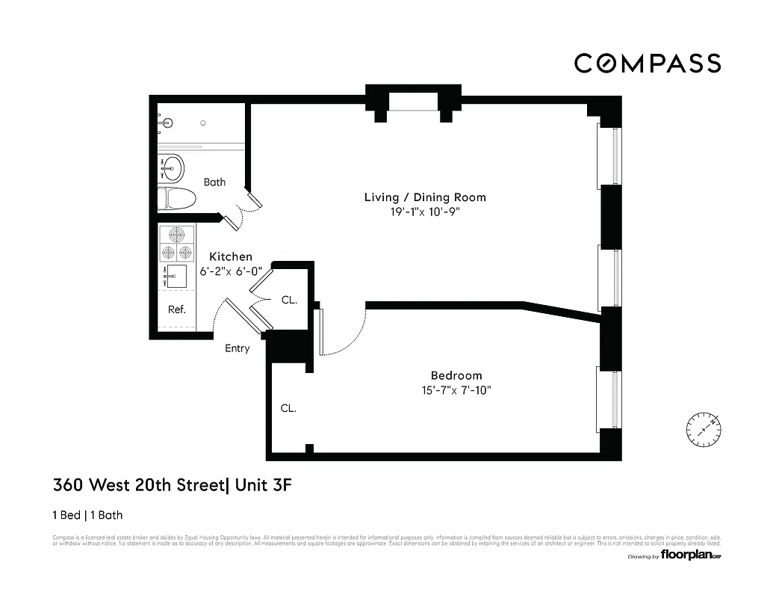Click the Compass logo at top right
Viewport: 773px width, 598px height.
tap(647, 64)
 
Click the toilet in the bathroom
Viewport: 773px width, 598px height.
tap(178, 199)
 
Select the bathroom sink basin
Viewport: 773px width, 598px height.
tap(173, 167)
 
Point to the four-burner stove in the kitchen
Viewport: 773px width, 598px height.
tap(176, 243)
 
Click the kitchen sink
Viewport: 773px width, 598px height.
tap(176, 276)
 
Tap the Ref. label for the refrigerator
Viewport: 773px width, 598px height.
tap(176, 309)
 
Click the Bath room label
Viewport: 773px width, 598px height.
tap(214, 182)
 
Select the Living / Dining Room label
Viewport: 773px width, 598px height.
tap(425, 197)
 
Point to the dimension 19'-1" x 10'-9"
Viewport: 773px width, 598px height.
tap(425, 212)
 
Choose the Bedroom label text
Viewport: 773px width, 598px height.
tap(456, 375)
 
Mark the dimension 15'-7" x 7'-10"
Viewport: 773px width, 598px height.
tap(456, 389)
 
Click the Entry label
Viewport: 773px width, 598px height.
tap(238, 348)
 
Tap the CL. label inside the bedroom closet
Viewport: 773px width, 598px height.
tap(288, 408)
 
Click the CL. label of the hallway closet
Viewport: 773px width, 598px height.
tap(289, 300)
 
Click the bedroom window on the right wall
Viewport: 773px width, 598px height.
tap(608, 399)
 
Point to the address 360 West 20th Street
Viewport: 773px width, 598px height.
tap(138, 485)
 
